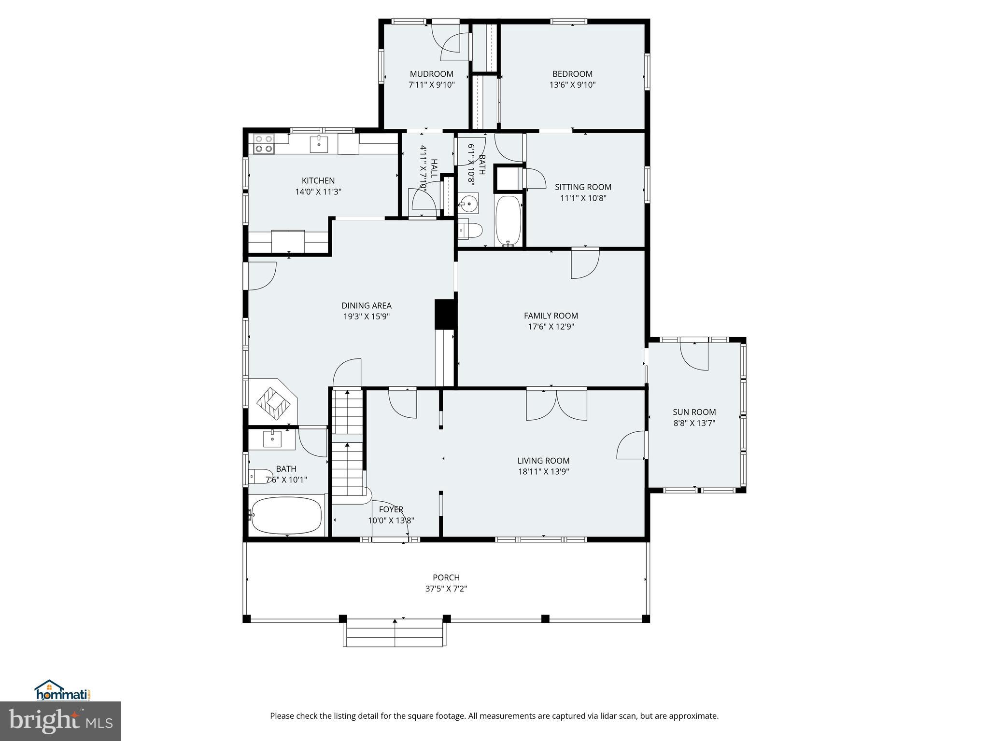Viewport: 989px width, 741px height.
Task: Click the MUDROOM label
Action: pyautogui.click(x=431, y=74)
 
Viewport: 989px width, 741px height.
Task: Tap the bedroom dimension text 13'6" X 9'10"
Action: pyautogui.click(x=572, y=85)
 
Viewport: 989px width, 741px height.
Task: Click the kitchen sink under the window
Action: pyautogui.click(x=319, y=144)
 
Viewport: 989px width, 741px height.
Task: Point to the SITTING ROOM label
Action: pyautogui.click(x=583, y=187)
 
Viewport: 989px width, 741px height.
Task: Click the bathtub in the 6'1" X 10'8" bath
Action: pyautogui.click(x=509, y=221)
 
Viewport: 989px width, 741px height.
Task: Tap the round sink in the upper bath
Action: pyautogui.click(x=467, y=204)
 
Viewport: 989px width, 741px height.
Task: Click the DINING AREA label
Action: pyautogui.click(x=367, y=305)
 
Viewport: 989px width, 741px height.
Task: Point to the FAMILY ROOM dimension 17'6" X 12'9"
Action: pyautogui.click(x=551, y=327)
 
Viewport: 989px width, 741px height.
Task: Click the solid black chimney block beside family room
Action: pyautogui.click(x=446, y=314)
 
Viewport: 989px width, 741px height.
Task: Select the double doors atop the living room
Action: pyautogui.click(x=556, y=404)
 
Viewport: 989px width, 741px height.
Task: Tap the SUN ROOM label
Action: pyautogui.click(x=694, y=412)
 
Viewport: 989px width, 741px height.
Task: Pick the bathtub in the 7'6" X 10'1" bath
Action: pyautogui.click(x=286, y=515)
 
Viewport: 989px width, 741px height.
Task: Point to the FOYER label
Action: pyautogui.click(x=391, y=509)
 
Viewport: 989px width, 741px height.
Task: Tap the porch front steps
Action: pyautogui.click(x=395, y=634)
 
